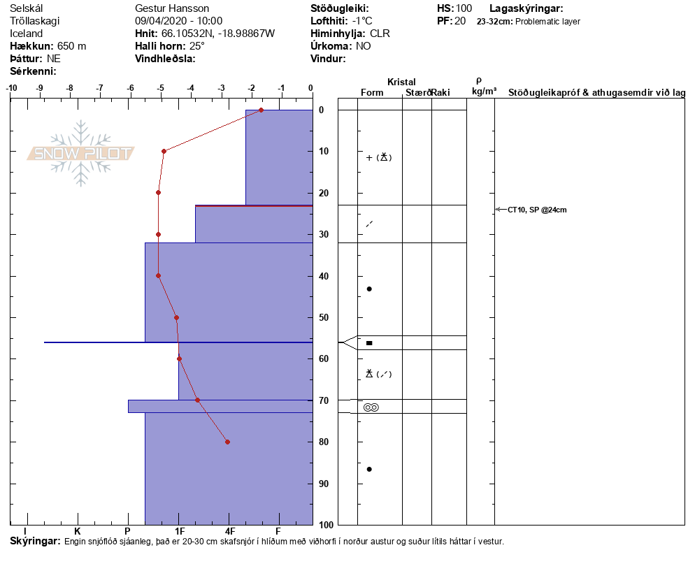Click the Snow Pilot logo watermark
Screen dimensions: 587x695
pos(81,153)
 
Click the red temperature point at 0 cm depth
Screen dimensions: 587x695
pos(261,110)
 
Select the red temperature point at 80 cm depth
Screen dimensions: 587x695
pos(227,442)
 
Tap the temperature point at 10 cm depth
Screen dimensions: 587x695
pos(164,151)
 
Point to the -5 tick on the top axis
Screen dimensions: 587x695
pos(161,88)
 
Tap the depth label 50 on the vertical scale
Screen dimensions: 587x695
pos(324,318)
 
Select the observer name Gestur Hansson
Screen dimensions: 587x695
pos(172,8)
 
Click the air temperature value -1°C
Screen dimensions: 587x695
pos(362,21)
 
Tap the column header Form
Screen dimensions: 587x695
pos(371,93)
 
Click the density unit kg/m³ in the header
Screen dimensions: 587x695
pos(484,92)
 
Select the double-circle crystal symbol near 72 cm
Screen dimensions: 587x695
pos(371,407)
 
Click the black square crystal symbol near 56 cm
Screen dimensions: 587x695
pos(369,343)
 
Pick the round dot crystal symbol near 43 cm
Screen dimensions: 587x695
pos(369,289)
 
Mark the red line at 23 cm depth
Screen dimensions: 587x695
pos(253,205)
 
